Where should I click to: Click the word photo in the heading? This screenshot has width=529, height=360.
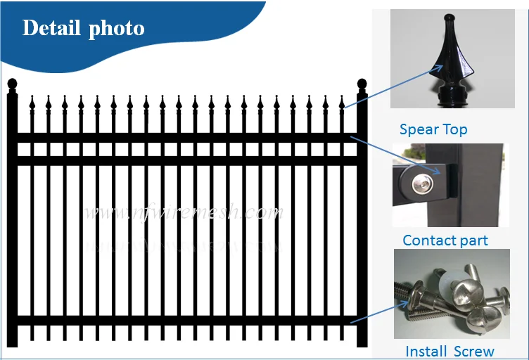116,29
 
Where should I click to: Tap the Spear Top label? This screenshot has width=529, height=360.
433,129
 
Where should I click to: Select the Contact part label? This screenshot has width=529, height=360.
445,240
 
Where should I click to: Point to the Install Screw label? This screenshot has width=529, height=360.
450,352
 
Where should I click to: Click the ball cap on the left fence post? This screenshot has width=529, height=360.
11,86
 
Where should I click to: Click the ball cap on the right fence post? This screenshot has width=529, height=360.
362,86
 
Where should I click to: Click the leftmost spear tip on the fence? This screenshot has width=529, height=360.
32,105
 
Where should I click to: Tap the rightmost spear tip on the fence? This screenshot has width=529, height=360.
340,105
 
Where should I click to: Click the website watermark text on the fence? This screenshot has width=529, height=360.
183,212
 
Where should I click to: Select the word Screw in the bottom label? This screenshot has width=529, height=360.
471,352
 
